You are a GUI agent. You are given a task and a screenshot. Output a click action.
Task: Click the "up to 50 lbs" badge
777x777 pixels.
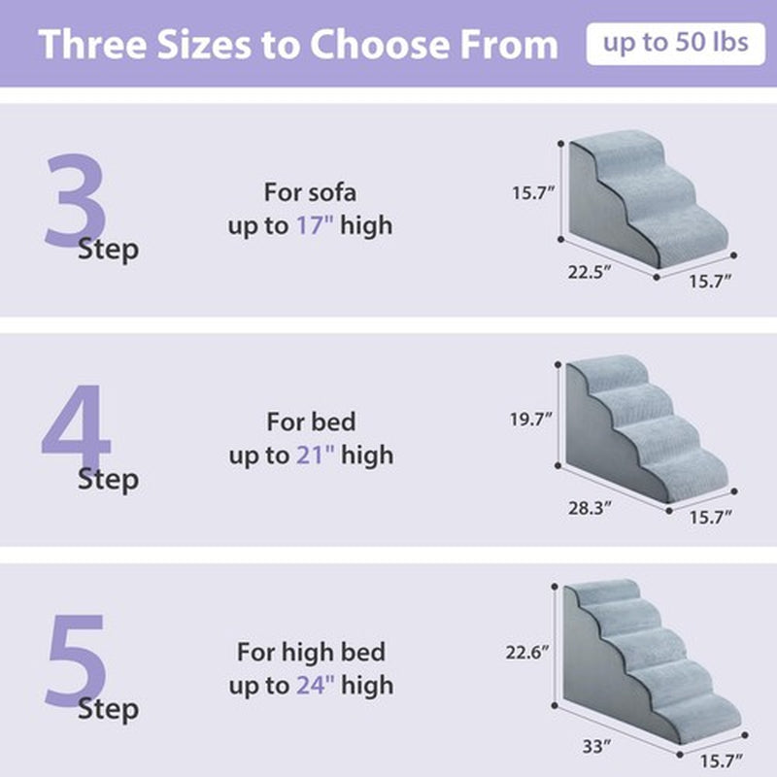[x=674, y=44]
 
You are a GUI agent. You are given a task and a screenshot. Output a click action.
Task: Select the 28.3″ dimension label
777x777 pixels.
[x=591, y=506]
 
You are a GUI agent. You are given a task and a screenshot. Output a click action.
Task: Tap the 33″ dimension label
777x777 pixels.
[x=598, y=747]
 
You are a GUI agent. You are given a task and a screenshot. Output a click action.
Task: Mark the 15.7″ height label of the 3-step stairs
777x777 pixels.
[x=533, y=192]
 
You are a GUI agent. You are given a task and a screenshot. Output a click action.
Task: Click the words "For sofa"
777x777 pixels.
[x=311, y=191]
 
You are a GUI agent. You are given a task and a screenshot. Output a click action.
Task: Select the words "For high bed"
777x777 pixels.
[x=311, y=651]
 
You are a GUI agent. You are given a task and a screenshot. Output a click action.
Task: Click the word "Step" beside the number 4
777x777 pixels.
[x=108, y=479]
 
